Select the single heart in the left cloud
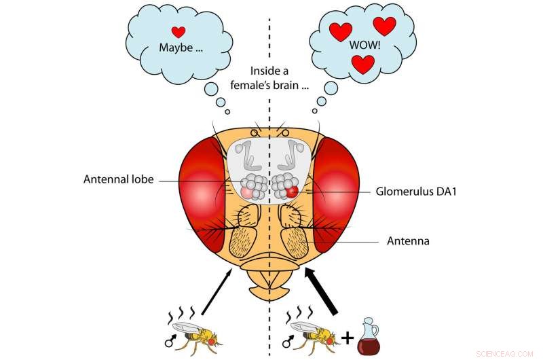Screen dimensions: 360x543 [x=179, y=31]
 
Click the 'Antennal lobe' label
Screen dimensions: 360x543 [x=119, y=180]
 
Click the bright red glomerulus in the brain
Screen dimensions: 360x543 [x=292, y=192]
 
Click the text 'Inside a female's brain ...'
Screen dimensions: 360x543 [x=271, y=77]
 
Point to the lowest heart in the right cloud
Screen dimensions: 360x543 [x=364, y=65]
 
